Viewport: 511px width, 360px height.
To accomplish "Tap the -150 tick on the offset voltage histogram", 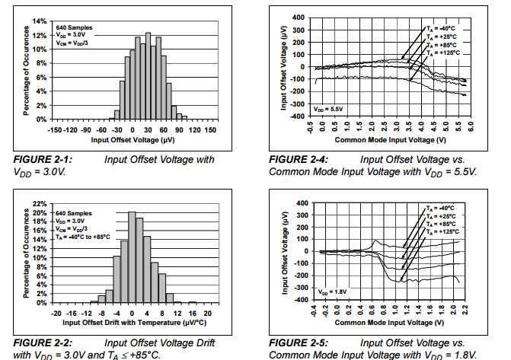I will coord(54,130).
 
